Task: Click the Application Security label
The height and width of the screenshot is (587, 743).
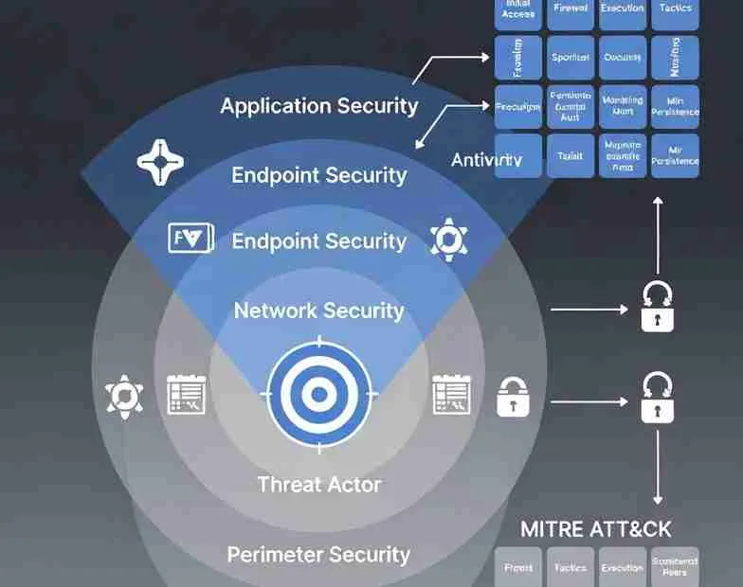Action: (318, 105)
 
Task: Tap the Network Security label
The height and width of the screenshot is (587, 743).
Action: (318, 311)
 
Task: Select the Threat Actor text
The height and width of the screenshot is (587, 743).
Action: (318, 485)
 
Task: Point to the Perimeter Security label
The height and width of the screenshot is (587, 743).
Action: (318, 554)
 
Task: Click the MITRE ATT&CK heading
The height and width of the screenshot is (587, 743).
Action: (596, 528)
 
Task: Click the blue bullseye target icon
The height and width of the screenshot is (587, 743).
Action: (319, 393)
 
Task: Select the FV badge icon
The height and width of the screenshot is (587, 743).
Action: (190, 238)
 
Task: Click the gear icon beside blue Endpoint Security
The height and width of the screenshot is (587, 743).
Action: (447, 239)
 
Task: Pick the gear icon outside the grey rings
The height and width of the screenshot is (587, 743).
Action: (124, 396)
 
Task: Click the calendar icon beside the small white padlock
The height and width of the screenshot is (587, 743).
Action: (452, 394)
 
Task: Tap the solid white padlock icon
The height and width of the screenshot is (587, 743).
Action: (512, 398)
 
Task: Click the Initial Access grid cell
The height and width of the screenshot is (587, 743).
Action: (518, 9)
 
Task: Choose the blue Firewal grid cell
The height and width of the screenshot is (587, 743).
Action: (571, 9)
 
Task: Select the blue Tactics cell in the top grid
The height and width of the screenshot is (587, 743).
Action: (676, 9)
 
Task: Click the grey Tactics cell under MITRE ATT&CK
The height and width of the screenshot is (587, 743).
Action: (571, 568)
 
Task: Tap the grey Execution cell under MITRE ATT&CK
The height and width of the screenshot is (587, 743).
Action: (623, 568)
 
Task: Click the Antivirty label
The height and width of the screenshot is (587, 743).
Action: (486, 159)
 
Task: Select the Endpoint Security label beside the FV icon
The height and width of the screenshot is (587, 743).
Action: (318, 241)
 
